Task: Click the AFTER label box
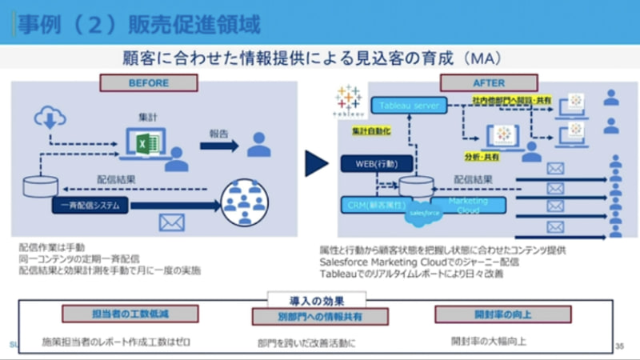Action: (489, 82)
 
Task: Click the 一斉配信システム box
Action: (89, 206)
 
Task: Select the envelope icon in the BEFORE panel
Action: (171, 223)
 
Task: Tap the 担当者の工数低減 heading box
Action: (117, 314)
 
